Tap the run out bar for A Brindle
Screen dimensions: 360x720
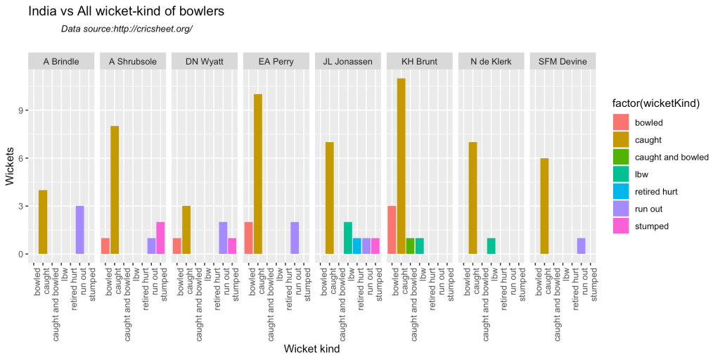[x=80, y=230]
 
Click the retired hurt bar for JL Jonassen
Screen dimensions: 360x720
[x=357, y=246]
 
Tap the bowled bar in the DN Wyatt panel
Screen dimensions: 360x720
[x=177, y=246]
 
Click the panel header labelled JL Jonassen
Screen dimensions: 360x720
[x=347, y=61]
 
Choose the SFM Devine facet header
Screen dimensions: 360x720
[x=563, y=61]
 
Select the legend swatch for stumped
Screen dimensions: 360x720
[x=622, y=226]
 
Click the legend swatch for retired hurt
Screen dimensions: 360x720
[x=622, y=191]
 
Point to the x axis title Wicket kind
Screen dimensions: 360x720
[x=311, y=349]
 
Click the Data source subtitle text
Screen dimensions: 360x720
[x=127, y=29]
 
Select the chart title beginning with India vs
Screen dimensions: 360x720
[x=127, y=11]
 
